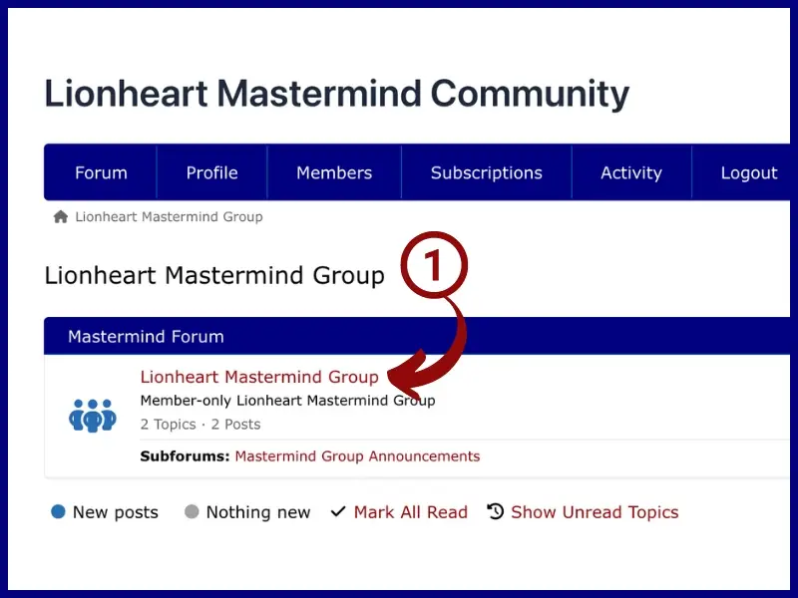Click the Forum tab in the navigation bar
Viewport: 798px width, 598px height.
(x=101, y=172)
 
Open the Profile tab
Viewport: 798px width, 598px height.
(x=211, y=172)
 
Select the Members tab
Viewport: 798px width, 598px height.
(x=334, y=172)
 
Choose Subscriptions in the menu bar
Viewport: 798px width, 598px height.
(x=487, y=172)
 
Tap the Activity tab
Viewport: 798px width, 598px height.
(x=631, y=172)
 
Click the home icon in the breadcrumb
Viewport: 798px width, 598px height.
(x=61, y=217)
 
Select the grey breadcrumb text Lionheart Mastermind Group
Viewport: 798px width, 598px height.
(x=169, y=217)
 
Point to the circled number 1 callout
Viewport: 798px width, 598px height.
(x=434, y=265)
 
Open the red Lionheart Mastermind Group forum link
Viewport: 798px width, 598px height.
(x=259, y=377)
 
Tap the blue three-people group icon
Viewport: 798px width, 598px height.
(x=93, y=416)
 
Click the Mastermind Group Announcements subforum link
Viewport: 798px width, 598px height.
(x=357, y=456)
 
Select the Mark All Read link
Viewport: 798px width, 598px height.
(x=411, y=512)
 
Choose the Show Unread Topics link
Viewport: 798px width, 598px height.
(x=595, y=512)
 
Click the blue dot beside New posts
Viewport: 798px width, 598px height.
(x=59, y=511)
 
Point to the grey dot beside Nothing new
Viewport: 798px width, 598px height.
(x=192, y=511)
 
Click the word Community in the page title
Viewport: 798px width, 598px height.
(x=530, y=94)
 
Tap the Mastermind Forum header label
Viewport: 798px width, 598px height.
(x=146, y=337)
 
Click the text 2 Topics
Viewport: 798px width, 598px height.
(x=168, y=425)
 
